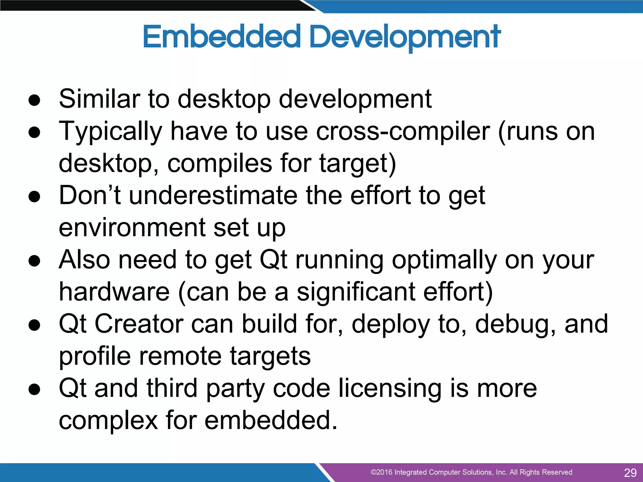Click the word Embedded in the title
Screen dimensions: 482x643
click(x=222, y=37)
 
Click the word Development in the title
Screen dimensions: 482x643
click(x=405, y=37)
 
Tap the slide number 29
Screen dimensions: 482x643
click(x=630, y=473)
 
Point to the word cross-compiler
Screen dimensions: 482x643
click(x=403, y=132)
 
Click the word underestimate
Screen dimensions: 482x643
click(x=213, y=195)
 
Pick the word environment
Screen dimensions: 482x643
click(x=132, y=228)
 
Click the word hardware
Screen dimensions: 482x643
click(x=114, y=292)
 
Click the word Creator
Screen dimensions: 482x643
click(x=139, y=324)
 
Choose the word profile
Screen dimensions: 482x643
click(x=95, y=357)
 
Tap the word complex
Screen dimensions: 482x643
click(x=108, y=420)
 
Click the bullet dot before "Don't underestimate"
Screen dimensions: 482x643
click(x=34, y=196)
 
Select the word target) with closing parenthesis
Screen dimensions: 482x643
click(x=358, y=164)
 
